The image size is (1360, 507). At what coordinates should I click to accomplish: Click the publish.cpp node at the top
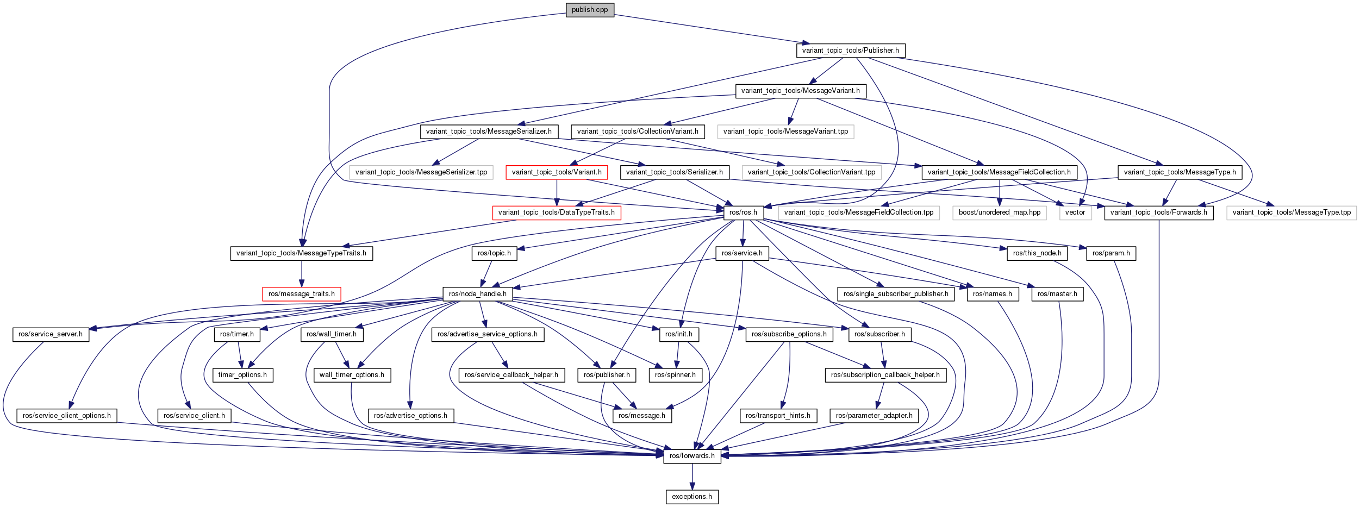tap(590, 10)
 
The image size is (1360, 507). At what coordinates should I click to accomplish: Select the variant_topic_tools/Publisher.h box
tap(851, 51)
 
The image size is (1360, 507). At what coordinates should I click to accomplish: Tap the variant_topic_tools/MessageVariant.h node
tap(801, 91)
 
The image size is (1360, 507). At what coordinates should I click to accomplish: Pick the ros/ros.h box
tap(744, 212)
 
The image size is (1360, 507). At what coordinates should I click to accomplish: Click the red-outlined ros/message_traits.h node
tap(302, 294)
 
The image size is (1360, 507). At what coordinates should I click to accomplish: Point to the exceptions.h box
tap(692, 497)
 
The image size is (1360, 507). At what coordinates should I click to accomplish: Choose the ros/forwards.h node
tap(692, 456)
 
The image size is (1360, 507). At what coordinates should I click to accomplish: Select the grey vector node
tap(1075, 212)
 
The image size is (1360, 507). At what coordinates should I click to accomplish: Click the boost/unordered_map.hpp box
tap(1000, 212)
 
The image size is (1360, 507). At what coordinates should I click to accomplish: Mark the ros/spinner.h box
tap(675, 375)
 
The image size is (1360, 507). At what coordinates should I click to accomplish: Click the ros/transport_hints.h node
tap(778, 416)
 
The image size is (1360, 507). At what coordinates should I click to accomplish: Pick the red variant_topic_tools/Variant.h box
tap(557, 172)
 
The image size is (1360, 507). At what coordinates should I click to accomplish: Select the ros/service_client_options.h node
tap(67, 416)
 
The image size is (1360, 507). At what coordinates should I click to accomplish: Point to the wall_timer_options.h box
tap(352, 375)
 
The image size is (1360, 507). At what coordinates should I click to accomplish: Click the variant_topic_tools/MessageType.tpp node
tap(1292, 212)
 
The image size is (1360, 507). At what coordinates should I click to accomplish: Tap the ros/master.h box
tap(1057, 294)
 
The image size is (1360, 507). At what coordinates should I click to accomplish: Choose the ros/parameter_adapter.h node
tap(875, 416)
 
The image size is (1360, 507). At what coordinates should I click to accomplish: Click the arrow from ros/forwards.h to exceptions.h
tap(692, 477)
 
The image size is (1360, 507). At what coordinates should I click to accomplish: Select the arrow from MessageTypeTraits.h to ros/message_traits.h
tap(302, 274)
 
